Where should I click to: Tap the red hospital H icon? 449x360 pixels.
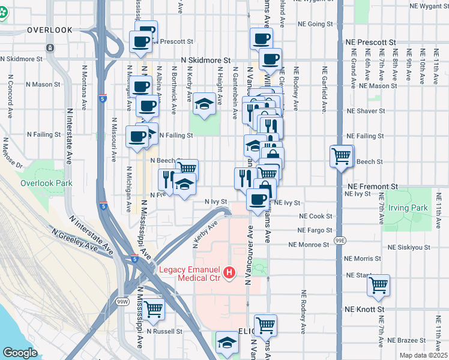tap(229, 274)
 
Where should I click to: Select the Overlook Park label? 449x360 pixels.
tap(46, 183)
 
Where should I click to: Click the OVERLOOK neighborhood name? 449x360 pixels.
tap(49, 29)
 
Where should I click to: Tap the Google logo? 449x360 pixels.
tap(19, 353)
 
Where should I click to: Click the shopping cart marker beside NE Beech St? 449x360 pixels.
tap(341, 157)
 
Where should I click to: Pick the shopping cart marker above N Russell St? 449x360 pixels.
tap(153, 309)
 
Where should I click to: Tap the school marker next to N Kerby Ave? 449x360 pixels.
tap(204, 105)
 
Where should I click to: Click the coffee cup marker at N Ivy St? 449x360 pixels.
tap(258, 199)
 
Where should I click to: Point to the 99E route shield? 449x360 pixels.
tap(340, 240)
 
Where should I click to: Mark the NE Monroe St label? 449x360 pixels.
tap(310, 245)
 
